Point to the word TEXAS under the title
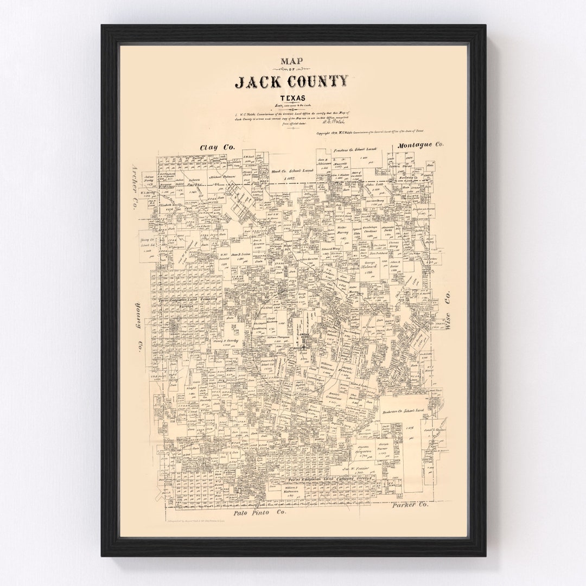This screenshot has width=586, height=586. [x=292, y=98]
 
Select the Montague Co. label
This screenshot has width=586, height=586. [x=420, y=145]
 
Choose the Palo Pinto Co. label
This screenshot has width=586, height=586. [x=259, y=512]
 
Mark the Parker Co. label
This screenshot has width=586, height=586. [x=409, y=505]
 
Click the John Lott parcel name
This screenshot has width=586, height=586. [x=374, y=185]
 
